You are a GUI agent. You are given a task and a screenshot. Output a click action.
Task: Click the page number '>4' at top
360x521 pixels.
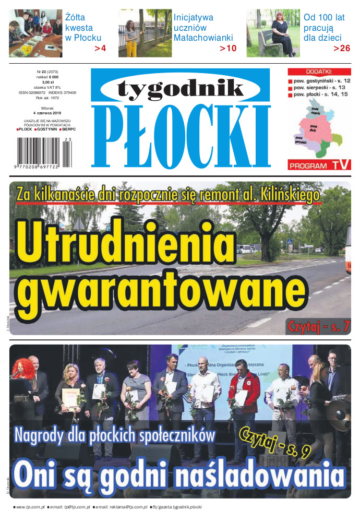[100, 49]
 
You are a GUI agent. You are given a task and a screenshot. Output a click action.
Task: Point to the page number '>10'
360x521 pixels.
[227, 49]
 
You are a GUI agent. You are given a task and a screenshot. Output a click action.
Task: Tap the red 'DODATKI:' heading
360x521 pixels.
[319, 72]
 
